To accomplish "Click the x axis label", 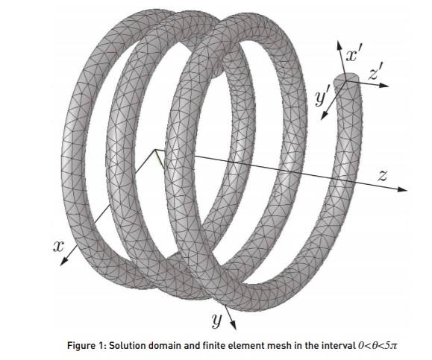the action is [58, 247].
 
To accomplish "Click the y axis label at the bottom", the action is [217, 321].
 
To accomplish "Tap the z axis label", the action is [383, 176].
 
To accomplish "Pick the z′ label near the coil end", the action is [376, 72].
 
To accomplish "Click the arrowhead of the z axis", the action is [402, 189].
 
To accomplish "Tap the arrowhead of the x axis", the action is [63, 262].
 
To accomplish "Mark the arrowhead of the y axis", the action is [233, 325].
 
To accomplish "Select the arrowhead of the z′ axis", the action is [384, 85].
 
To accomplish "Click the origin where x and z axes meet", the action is [155, 150].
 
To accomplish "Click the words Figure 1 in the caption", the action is [86, 345].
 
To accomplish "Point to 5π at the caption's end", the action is [391, 345].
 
